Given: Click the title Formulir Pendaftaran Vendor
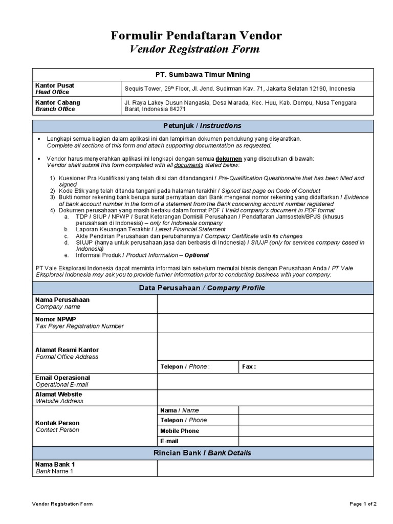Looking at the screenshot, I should pos(196,35).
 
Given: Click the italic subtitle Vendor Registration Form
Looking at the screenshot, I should pos(194,49).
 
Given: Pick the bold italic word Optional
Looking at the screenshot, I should pos(196,255).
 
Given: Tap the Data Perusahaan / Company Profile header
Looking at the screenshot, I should pos(202,288).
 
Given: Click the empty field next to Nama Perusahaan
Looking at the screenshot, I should pos(265,303).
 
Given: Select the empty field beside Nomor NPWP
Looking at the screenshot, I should pos(265,323).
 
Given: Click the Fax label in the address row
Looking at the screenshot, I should pos(249,366).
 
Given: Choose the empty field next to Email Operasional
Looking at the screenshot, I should pos(265,381).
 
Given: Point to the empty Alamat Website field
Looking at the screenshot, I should pos(265,398).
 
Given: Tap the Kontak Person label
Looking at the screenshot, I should pos(57,423).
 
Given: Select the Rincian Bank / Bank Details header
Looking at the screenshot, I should pos(202,453).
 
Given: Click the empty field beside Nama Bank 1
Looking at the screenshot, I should pos(265,468).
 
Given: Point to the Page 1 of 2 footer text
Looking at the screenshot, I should pos(363,504).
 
